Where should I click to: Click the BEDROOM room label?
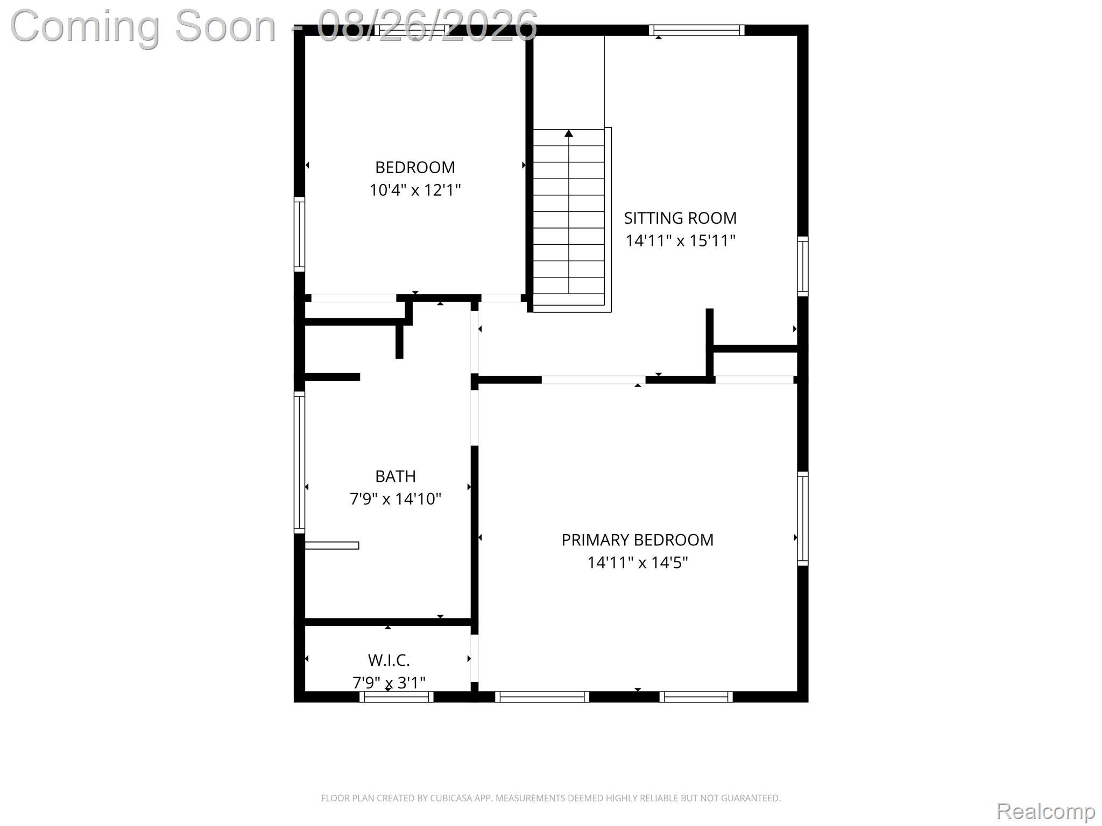415,167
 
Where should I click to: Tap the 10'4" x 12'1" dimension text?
415,190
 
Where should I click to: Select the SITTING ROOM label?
680,218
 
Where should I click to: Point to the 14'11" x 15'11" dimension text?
680,240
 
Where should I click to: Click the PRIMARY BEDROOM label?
638,539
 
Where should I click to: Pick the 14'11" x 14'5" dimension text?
638,562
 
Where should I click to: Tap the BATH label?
395,476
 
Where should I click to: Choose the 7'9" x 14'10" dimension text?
395,499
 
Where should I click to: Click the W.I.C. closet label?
389,660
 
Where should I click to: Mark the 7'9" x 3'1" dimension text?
389,682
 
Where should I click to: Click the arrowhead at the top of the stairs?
569,133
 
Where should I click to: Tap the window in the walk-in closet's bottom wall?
397,697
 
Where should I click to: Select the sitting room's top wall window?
697,30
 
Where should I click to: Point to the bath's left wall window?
299,462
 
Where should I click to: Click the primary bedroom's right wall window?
803,518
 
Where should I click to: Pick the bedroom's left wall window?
299,234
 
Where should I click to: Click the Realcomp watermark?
1046,810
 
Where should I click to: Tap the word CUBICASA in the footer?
451,798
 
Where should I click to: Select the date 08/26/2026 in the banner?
427,25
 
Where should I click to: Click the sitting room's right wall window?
803,266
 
